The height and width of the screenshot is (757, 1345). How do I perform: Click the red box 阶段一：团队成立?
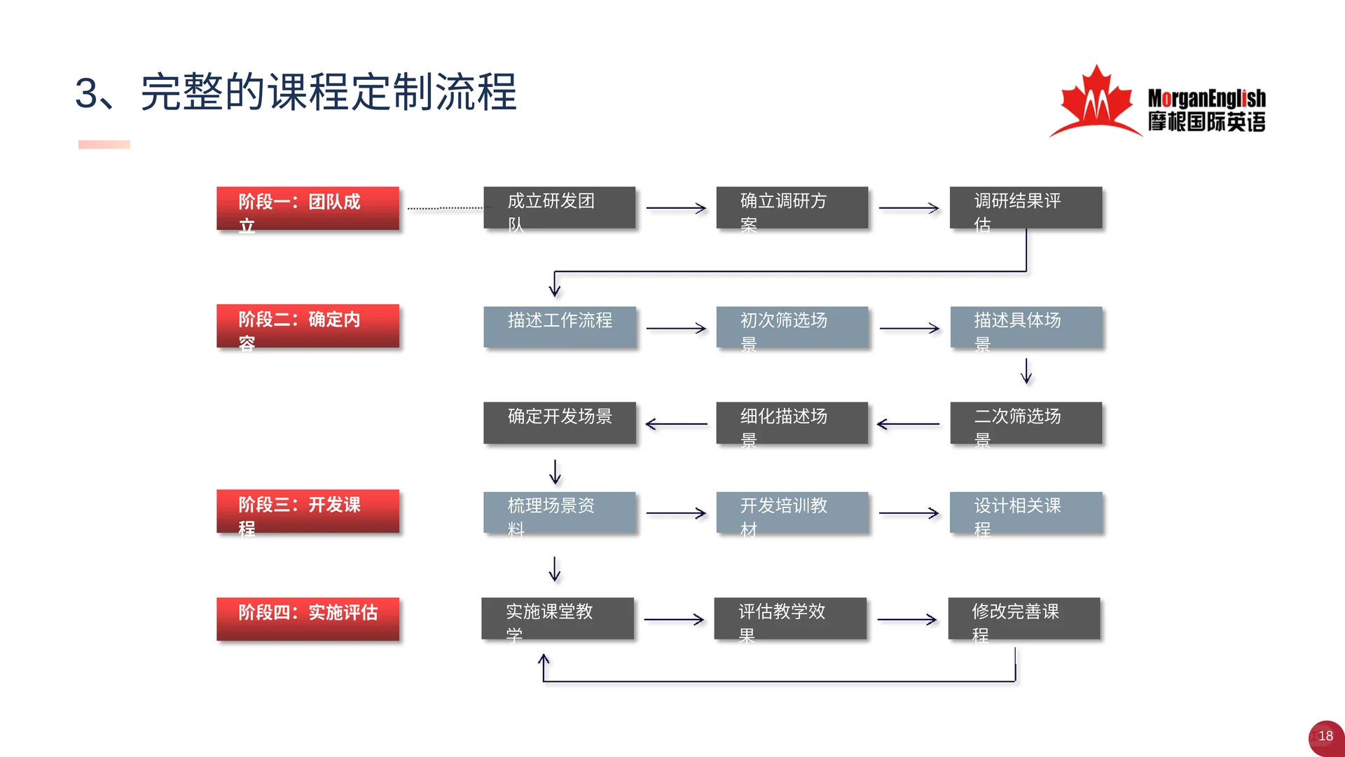tap(308, 208)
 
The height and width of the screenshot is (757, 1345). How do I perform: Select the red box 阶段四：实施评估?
tap(308, 618)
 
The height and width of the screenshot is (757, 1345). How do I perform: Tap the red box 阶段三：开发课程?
tap(308, 511)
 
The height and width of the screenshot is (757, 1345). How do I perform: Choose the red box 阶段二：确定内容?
tap(308, 326)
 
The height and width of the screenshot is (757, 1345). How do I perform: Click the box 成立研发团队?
tap(559, 207)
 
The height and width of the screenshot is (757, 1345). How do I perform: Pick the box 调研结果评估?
tap(1026, 207)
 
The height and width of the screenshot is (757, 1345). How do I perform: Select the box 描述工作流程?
tap(559, 327)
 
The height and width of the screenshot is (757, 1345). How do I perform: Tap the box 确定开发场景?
tap(559, 423)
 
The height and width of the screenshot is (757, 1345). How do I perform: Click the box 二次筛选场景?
tap(1026, 423)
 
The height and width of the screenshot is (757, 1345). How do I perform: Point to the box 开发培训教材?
tap(792, 512)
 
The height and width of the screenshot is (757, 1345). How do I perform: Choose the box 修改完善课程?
tap(1023, 618)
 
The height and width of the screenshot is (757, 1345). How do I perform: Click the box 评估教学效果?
tap(790, 618)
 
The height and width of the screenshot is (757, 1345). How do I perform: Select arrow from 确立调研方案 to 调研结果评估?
tap(909, 208)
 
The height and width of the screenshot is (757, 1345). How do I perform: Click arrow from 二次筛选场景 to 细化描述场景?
tap(909, 424)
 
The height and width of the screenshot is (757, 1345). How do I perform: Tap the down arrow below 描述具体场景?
tap(1026, 371)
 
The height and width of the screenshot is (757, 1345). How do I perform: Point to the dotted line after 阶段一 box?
tap(444, 208)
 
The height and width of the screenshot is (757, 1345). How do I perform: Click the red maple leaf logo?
tap(1096, 102)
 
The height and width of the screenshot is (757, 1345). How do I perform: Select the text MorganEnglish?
tap(1206, 98)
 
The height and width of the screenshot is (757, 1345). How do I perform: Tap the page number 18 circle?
tap(1325, 737)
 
